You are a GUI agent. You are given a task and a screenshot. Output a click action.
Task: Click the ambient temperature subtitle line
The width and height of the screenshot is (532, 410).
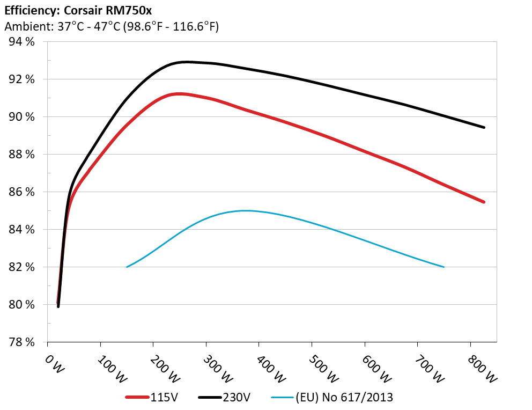point(111,26)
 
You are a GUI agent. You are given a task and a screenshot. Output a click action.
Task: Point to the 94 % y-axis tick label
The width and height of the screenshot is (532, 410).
point(21,42)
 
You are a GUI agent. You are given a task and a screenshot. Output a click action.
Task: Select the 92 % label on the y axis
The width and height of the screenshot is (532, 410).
point(21,79)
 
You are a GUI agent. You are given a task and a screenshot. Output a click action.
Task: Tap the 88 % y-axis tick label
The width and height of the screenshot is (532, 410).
point(21,155)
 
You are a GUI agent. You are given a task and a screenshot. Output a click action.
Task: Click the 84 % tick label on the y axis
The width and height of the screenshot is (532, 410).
point(21,230)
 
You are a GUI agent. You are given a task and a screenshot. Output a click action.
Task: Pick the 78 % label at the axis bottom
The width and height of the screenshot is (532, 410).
point(21,342)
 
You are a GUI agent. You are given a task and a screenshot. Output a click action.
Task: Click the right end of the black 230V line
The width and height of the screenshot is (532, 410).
point(484,127)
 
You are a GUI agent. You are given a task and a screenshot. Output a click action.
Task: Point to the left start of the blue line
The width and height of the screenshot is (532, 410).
point(127,267)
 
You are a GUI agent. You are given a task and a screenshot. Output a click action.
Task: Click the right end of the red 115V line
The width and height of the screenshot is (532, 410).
point(484,202)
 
